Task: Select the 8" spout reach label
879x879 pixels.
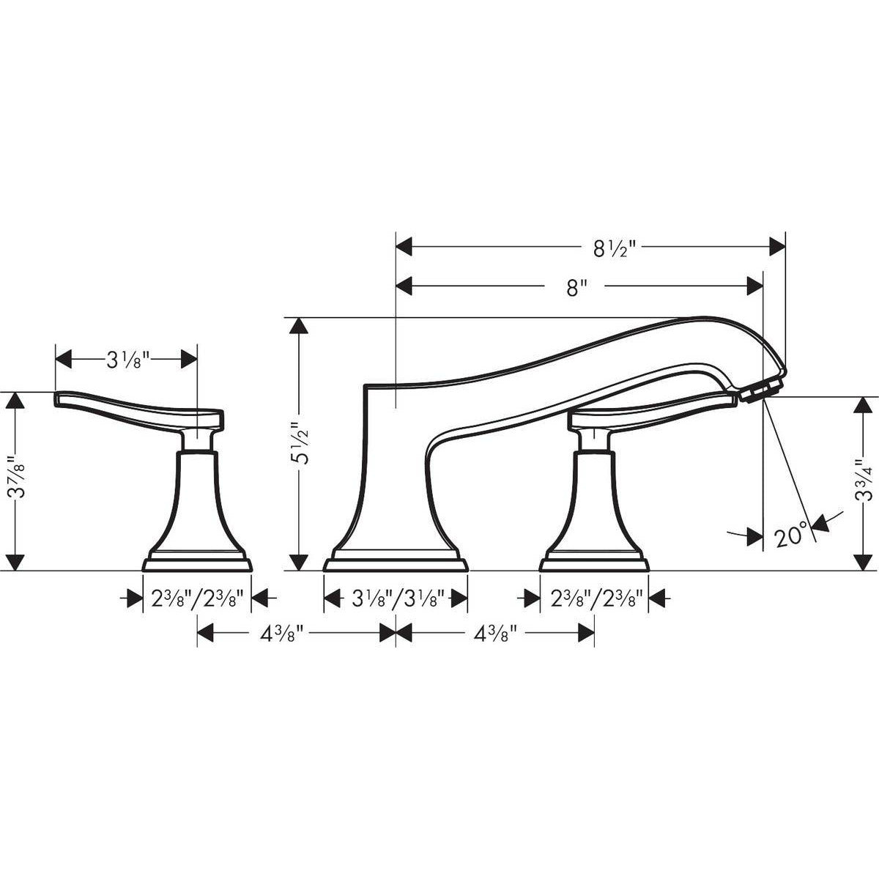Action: [x=577, y=288]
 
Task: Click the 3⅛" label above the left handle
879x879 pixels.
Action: [x=127, y=360]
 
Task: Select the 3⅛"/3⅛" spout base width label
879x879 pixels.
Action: [x=396, y=599]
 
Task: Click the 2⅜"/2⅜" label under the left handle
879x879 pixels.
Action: [x=197, y=599]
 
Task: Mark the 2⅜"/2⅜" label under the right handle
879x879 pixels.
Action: [x=595, y=599]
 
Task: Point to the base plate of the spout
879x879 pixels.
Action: [x=396, y=563]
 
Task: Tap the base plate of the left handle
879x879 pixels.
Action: [x=197, y=563]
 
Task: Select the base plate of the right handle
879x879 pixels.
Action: [x=594, y=563]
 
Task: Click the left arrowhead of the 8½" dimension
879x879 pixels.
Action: [x=404, y=248]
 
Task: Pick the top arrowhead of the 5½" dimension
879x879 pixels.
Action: [x=299, y=326]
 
